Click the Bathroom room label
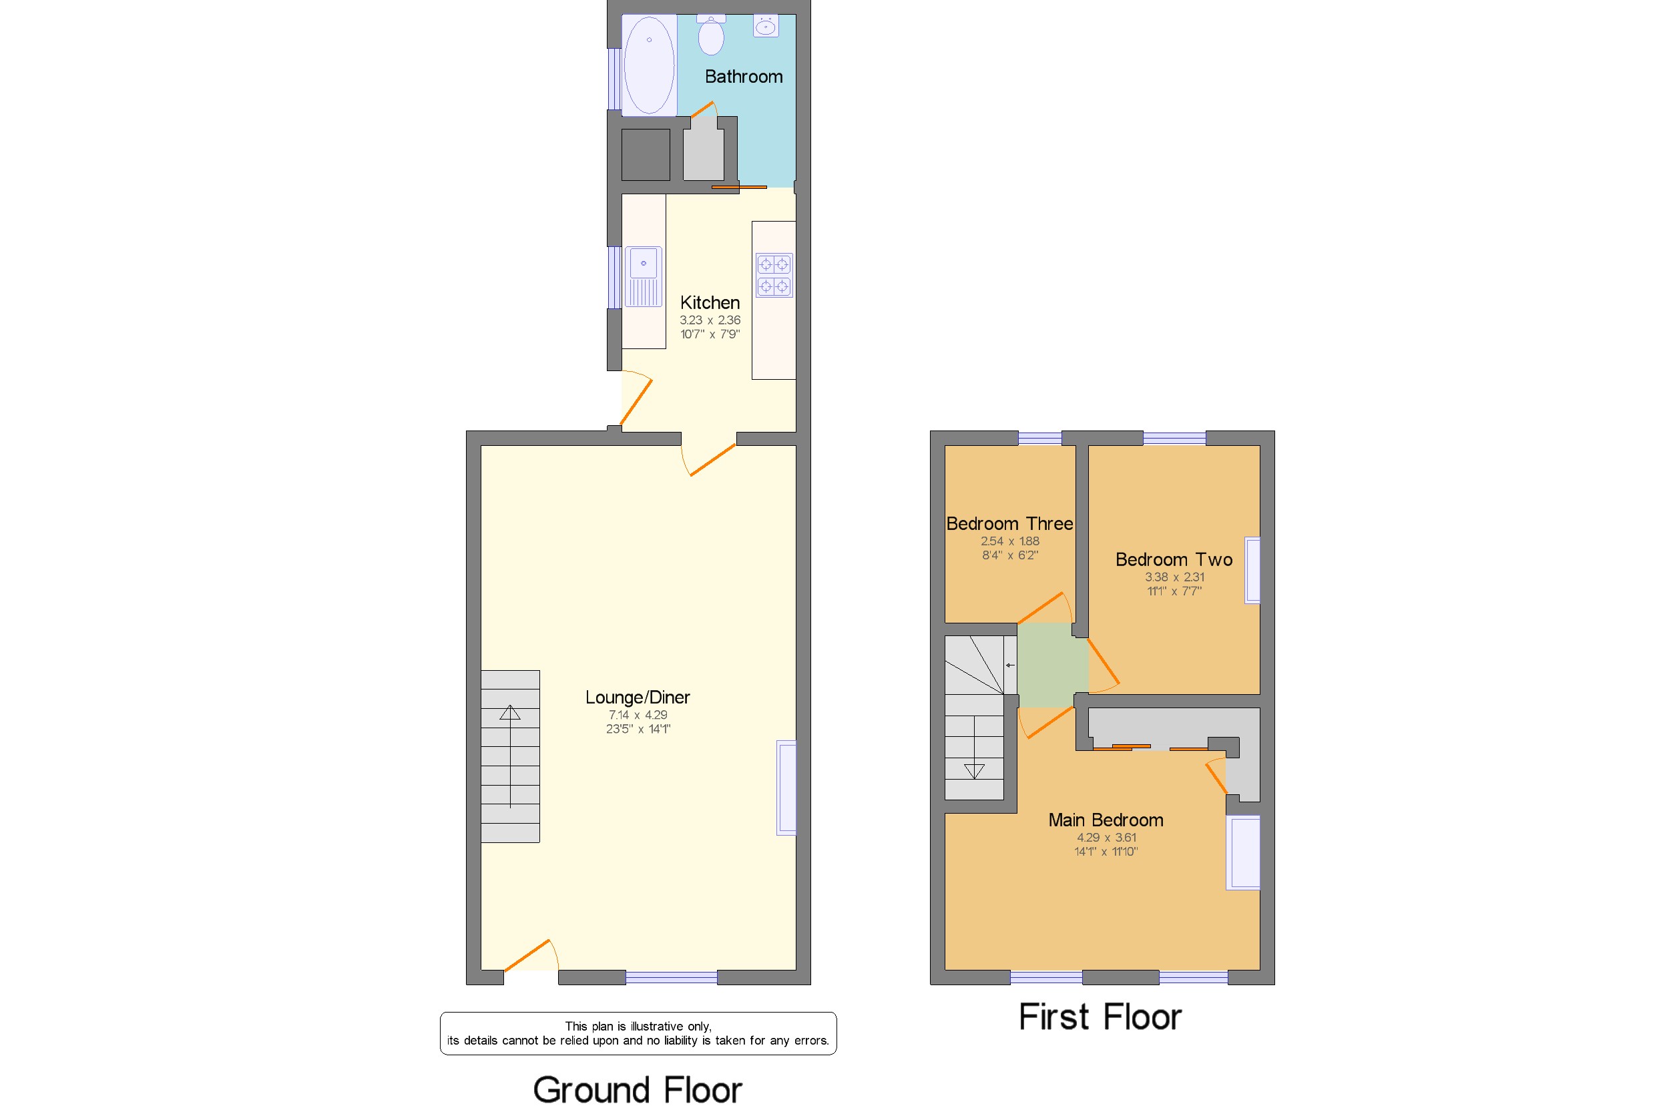click(x=743, y=77)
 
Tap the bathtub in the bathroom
click(x=648, y=65)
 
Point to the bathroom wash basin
click(x=765, y=27)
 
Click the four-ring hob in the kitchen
click(x=773, y=275)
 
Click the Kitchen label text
click(x=709, y=303)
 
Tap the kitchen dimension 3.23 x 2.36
click(x=709, y=320)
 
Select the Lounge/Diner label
click(x=637, y=697)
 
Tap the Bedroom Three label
click(x=1009, y=524)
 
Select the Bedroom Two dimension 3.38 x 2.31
click(x=1174, y=577)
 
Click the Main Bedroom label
click(x=1105, y=820)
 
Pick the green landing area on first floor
click(x=1052, y=665)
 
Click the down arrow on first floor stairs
click(x=974, y=771)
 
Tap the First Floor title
click(x=1100, y=1017)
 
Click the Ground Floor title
click(x=637, y=1090)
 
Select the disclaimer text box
click(x=638, y=1033)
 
